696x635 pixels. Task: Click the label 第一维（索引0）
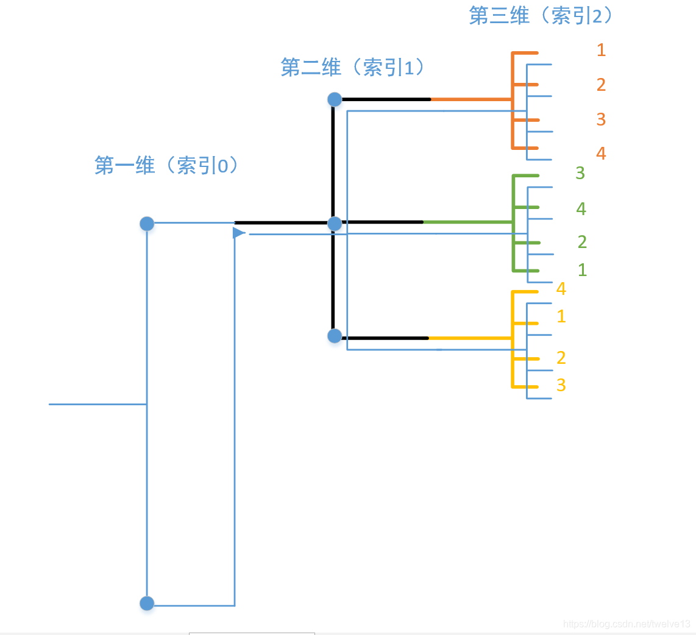pyautogui.click(x=166, y=165)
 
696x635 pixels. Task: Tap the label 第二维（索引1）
pyautogui.click(x=353, y=67)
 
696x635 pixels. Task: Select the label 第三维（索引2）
pyautogui.click(x=541, y=15)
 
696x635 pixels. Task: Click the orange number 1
pyautogui.click(x=601, y=50)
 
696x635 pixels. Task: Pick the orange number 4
pyautogui.click(x=601, y=153)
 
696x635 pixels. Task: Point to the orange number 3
pyautogui.click(x=601, y=119)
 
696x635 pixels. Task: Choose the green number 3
pyautogui.click(x=580, y=173)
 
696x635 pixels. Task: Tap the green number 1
pyautogui.click(x=582, y=269)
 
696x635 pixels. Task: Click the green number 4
pyautogui.click(x=581, y=209)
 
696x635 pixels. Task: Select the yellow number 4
pyautogui.click(x=561, y=289)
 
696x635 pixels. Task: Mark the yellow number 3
pyautogui.click(x=561, y=385)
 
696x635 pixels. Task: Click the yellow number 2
pyautogui.click(x=561, y=357)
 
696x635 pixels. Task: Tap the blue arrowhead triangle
pyautogui.click(x=239, y=233)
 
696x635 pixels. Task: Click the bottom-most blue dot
pyautogui.click(x=147, y=603)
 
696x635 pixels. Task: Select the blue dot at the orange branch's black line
pyautogui.click(x=335, y=99)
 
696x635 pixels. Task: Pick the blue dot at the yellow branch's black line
pyautogui.click(x=335, y=336)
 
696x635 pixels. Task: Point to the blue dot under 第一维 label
pyautogui.click(x=147, y=224)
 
